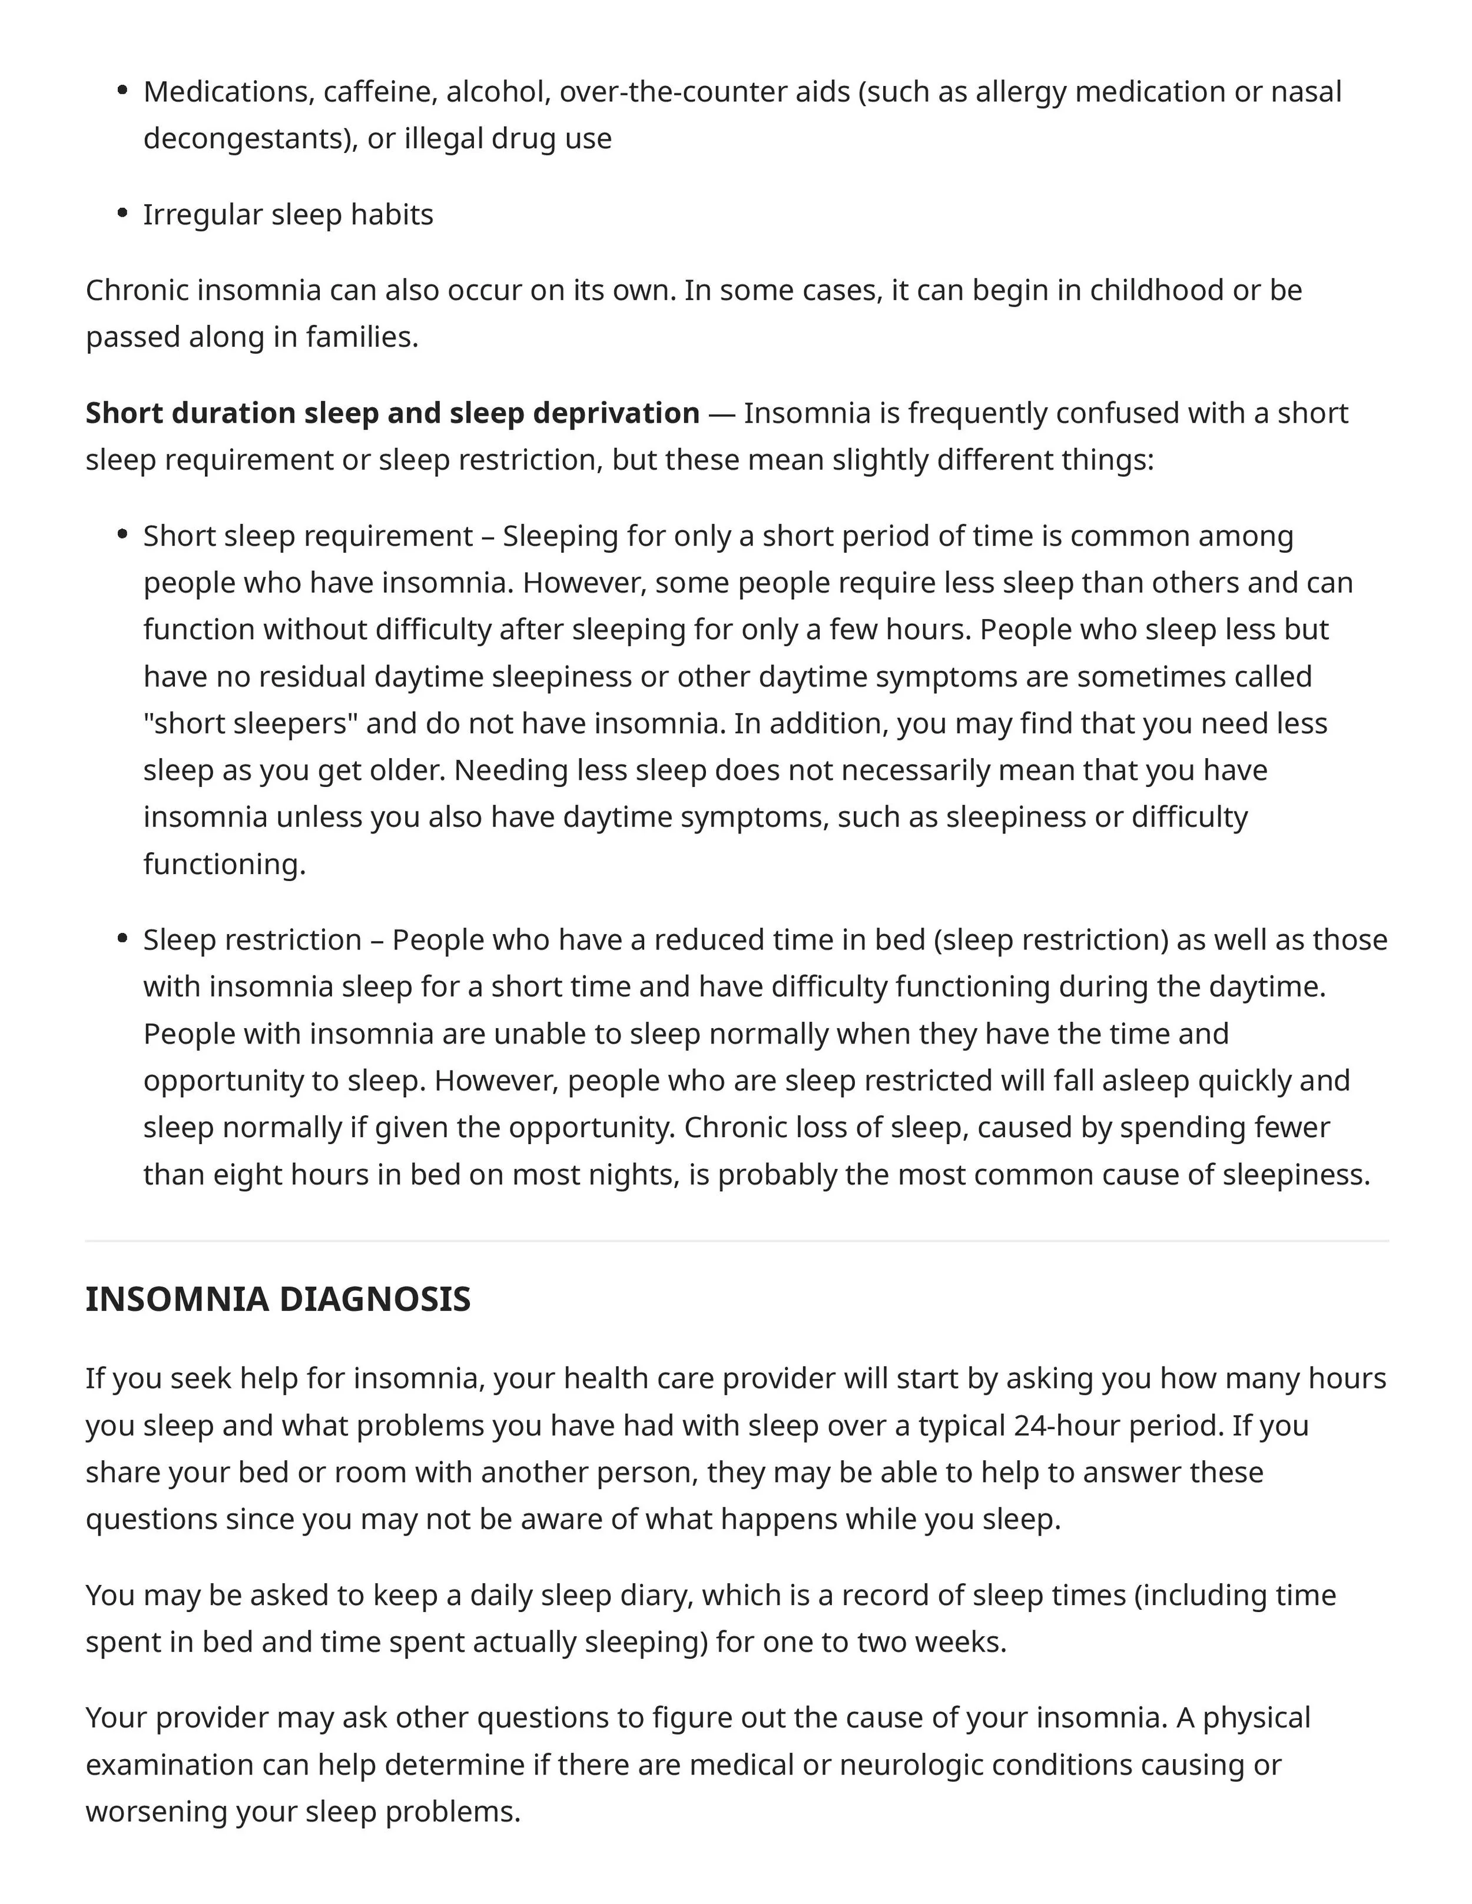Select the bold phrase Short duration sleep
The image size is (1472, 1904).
click(190, 413)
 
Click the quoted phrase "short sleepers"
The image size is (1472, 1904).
click(250, 723)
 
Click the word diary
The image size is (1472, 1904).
click(655, 1594)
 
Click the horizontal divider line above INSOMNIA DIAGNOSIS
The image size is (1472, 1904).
click(736, 1241)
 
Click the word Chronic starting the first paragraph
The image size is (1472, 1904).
click(137, 290)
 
